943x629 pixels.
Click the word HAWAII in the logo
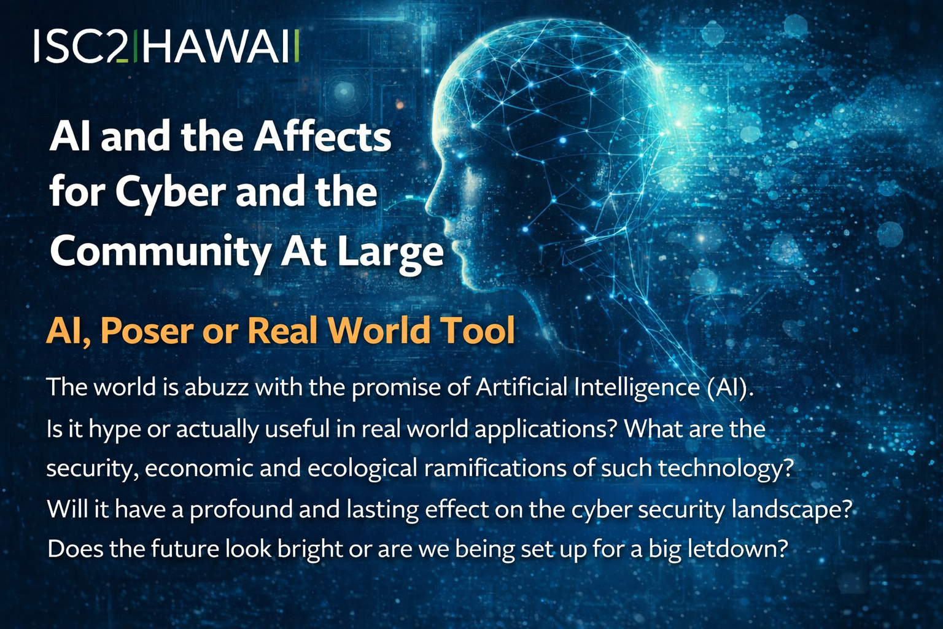tap(221, 46)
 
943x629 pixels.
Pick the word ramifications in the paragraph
tap(495, 468)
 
